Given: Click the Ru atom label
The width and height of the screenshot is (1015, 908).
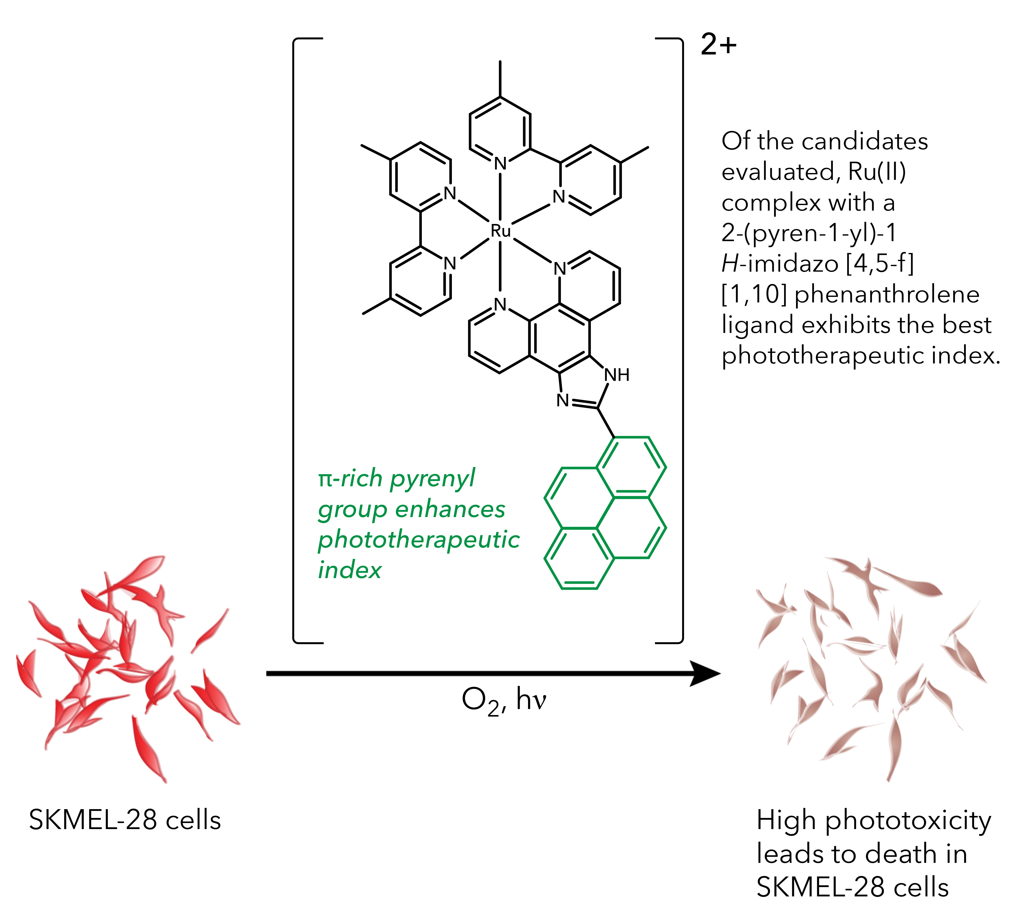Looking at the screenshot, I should coord(501,231).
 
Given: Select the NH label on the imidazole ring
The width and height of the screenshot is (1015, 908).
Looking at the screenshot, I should coord(617,375).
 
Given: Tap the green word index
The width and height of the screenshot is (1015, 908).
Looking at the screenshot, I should coord(349,570).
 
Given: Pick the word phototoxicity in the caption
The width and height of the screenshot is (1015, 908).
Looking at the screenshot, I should coord(908,821).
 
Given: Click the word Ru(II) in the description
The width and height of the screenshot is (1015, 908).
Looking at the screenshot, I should coord(877,172).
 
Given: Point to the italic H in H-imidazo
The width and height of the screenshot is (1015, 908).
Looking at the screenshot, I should coord(730,263).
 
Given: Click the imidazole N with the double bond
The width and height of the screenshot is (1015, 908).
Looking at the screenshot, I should coord(562,400).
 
